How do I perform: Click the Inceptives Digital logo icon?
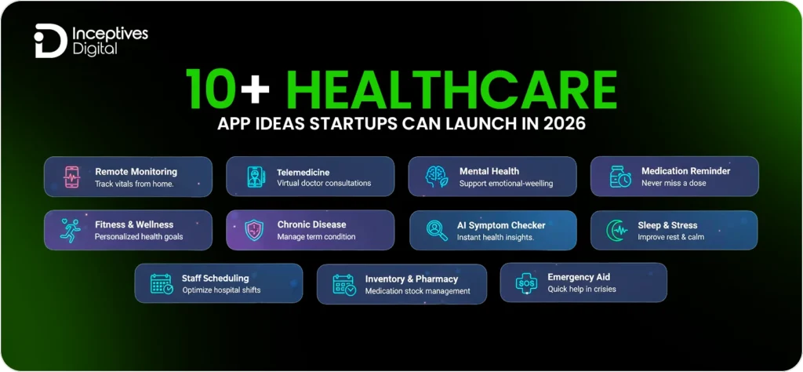click(49, 41)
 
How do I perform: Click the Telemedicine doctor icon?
click(254, 177)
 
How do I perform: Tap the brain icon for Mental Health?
click(436, 177)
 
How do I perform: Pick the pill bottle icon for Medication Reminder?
click(620, 177)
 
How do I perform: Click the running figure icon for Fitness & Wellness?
click(71, 230)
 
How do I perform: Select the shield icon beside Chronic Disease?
click(254, 230)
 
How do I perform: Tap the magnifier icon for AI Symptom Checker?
click(436, 230)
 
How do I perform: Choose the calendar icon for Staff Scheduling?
click(162, 283)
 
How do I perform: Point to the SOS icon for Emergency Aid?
click(527, 283)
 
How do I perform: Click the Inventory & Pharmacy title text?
click(412, 279)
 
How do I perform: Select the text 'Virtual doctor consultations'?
click(324, 184)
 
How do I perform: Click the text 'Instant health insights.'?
click(496, 237)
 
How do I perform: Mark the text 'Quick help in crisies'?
click(582, 290)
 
